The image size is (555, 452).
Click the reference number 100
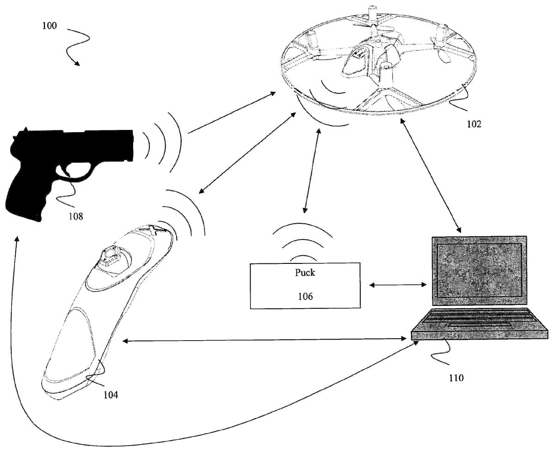tap(49, 26)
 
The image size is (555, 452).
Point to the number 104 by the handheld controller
tap(111, 394)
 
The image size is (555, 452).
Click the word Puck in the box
tap(305, 273)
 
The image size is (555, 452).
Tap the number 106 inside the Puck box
tap(305, 296)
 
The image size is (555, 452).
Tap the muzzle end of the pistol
tap(132, 145)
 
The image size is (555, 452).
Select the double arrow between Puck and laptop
tap(398, 285)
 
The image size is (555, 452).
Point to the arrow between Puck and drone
tap(311, 171)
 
